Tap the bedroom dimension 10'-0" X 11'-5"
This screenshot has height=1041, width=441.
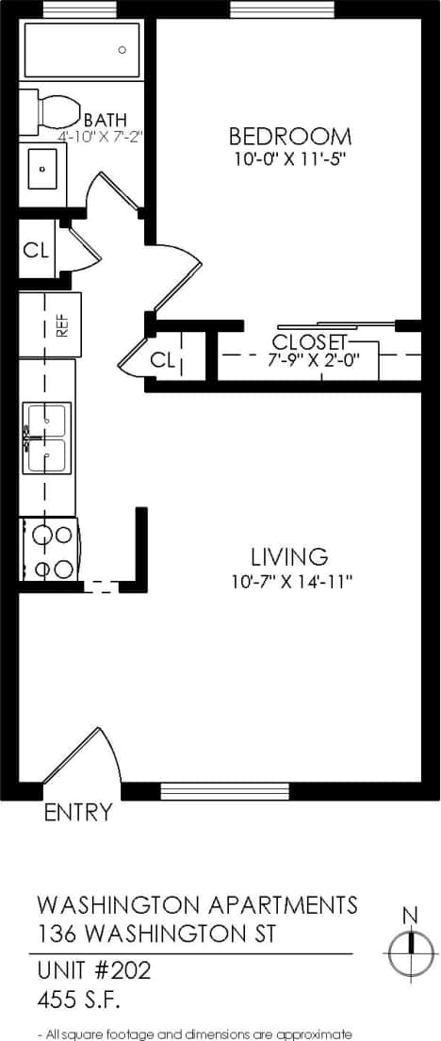click(x=291, y=158)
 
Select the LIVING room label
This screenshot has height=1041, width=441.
click(x=289, y=556)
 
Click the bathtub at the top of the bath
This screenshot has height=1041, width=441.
click(x=82, y=50)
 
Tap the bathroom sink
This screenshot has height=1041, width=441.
click(x=42, y=169)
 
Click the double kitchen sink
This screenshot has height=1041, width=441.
click(x=46, y=438)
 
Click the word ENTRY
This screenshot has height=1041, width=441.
click(x=78, y=812)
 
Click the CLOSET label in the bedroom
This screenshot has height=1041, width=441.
click(x=310, y=341)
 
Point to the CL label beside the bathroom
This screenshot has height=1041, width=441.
click(x=36, y=251)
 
